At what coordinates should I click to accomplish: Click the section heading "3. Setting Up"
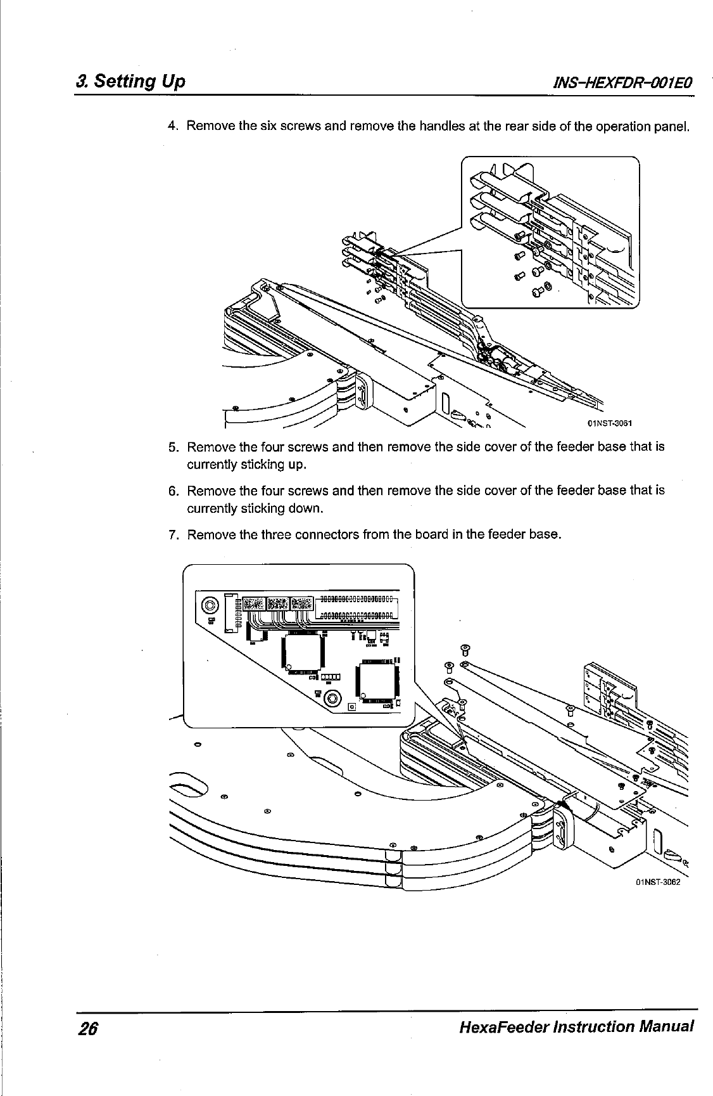click(x=130, y=82)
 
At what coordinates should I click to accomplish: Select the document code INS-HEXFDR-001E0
click(x=624, y=83)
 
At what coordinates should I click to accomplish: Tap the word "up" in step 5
click(x=296, y=465)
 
